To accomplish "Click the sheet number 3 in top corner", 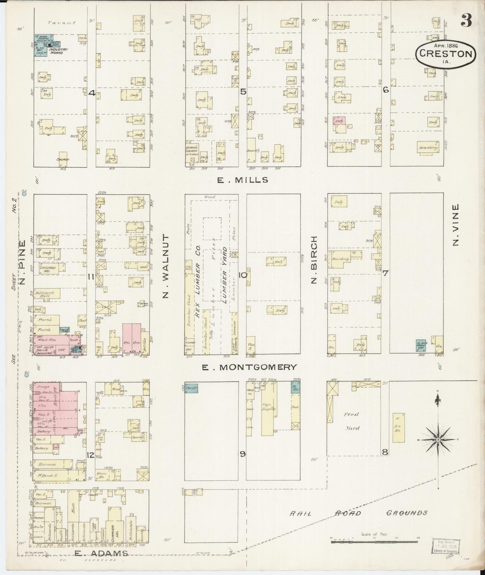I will (466, 21).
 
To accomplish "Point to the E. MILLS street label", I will (243, 180).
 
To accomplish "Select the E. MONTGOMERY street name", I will (249, 367).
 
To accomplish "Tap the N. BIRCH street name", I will (314, 259).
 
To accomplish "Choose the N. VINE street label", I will (456, 225).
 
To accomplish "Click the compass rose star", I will (438, 439).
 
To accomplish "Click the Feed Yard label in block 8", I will (351, 421).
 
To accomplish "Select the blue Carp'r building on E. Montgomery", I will (191, 388).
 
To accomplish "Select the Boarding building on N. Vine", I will (428, 148).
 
